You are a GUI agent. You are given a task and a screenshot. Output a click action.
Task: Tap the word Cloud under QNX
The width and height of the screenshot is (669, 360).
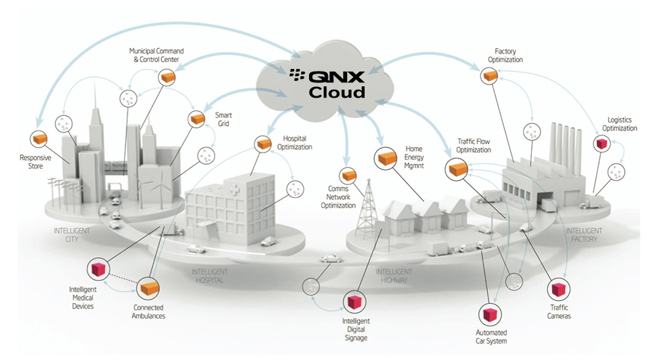click(337, 92)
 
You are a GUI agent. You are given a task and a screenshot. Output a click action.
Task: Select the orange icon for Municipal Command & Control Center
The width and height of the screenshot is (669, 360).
click(166, 78)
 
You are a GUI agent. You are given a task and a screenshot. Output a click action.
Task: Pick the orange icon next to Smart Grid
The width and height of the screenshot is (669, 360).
click(197, 119)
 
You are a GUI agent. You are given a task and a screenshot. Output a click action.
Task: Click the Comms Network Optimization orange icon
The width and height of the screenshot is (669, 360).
click(347, 176)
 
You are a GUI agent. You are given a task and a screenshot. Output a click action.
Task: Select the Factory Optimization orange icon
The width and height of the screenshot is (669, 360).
click(490, 77)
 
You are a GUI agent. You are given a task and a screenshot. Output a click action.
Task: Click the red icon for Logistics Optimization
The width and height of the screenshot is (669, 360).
click(600, 143)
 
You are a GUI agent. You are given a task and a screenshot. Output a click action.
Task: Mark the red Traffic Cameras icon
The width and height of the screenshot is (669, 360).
click(557, 289)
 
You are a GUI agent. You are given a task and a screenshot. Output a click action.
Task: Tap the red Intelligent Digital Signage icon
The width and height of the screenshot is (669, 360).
click(353, 302)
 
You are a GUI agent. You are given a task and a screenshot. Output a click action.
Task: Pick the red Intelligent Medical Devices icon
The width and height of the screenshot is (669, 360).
click(100, 269)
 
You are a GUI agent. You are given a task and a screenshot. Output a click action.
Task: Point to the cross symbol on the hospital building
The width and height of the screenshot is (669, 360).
click(231, 191)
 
